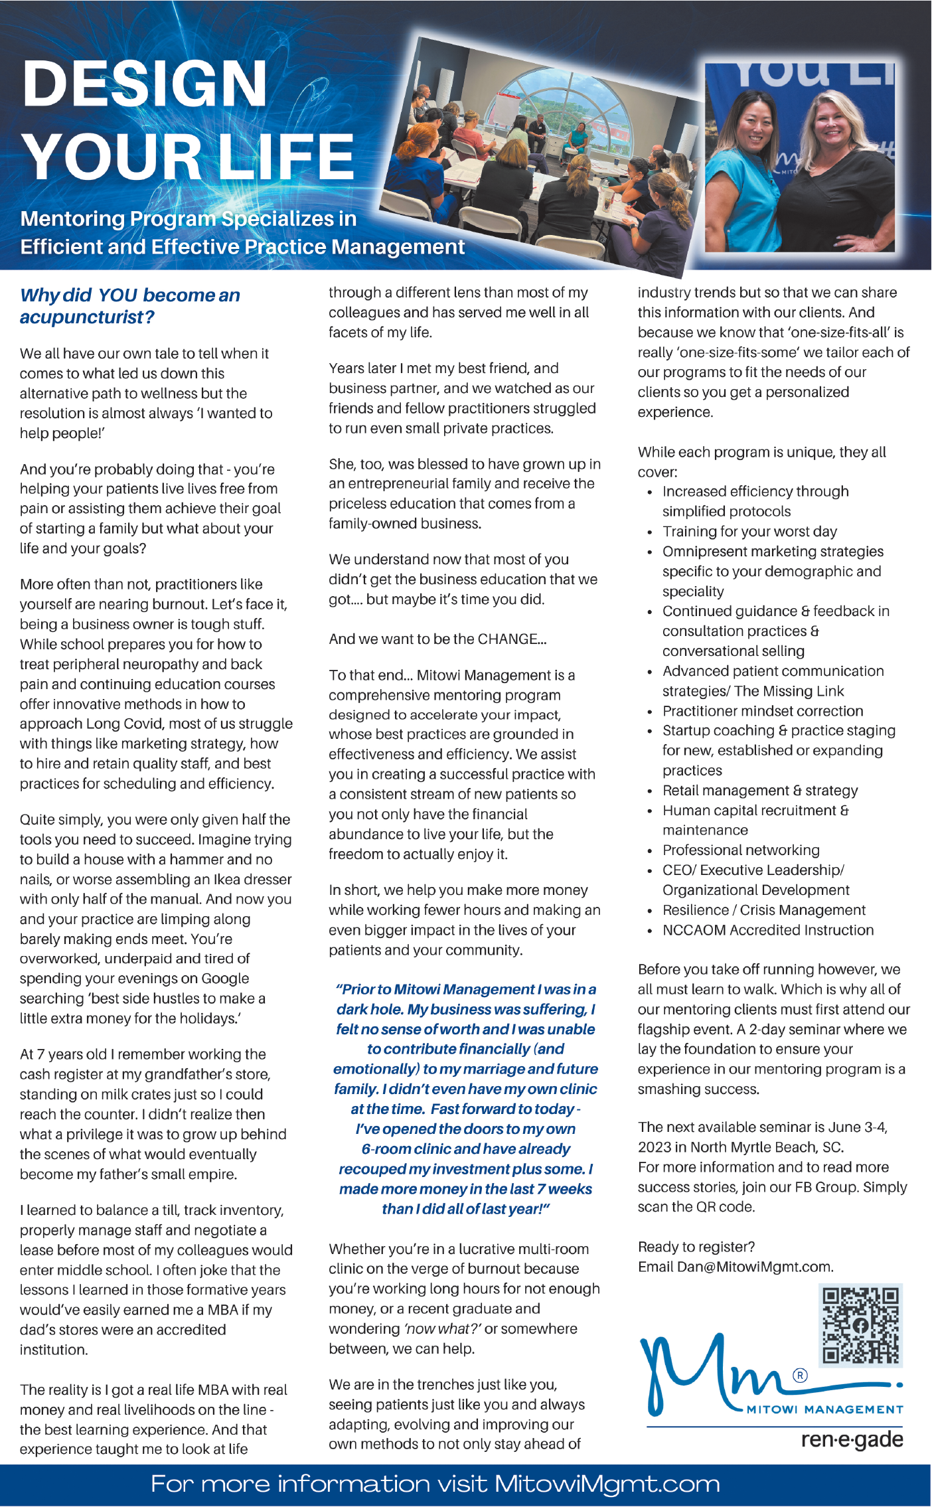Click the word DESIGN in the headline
[145, 84]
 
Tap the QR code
[860, 1325]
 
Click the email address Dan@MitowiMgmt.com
[755, 1267]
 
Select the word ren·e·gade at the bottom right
[852, 1439]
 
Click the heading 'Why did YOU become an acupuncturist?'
[129, 306]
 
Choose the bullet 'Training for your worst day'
[749, 532]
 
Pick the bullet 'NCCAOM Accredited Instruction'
[768, 930]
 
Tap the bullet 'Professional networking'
[741, 850]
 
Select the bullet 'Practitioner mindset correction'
[763, 711]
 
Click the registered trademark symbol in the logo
[801, 1376]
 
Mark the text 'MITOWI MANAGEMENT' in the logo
[824, 1409]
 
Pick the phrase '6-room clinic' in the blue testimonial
[406, 1149]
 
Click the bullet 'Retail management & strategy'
[760, 791]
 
